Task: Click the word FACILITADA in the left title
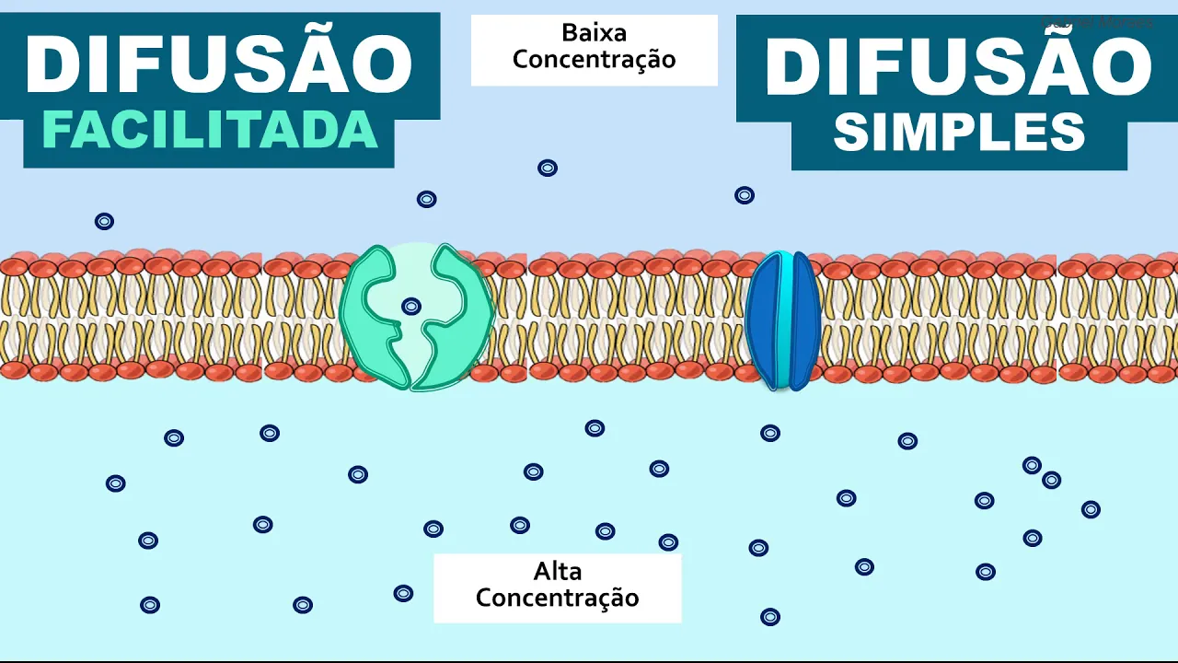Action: click(210, 131)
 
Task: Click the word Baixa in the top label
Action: click(594, 33)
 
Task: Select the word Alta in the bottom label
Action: click(557, 571)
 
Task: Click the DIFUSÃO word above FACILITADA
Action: click(219, 64)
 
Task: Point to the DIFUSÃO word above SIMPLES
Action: click(958, 67)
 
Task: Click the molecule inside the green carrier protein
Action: click(411, 307)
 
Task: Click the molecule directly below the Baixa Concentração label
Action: click(548, 168)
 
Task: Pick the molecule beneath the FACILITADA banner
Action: click(104, 221)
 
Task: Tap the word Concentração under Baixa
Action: click(594, 60)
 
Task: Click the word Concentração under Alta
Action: click(557, 597)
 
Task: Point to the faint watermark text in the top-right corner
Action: click(1096, 21)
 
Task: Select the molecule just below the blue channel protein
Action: click(770, 433)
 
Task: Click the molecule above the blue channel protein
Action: click(745, 195)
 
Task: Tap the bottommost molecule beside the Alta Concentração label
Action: click(770, 617)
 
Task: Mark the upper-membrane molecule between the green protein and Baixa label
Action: click(426, 199)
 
